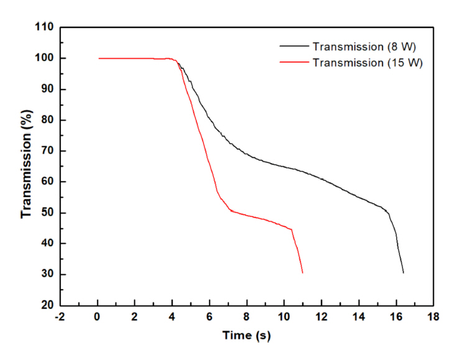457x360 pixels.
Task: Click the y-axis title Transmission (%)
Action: point(26,166)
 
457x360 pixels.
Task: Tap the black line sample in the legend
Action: point(294,47)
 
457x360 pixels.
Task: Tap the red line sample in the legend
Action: point(294,62)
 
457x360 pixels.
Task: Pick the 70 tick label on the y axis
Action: point(47,151)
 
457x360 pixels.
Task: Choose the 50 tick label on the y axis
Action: point(47,213)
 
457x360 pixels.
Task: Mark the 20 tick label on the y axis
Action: point(47,305)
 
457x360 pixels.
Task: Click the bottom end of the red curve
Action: point(303,272)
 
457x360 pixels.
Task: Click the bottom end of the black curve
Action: point(404,272)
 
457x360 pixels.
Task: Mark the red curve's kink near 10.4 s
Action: point(292,230)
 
